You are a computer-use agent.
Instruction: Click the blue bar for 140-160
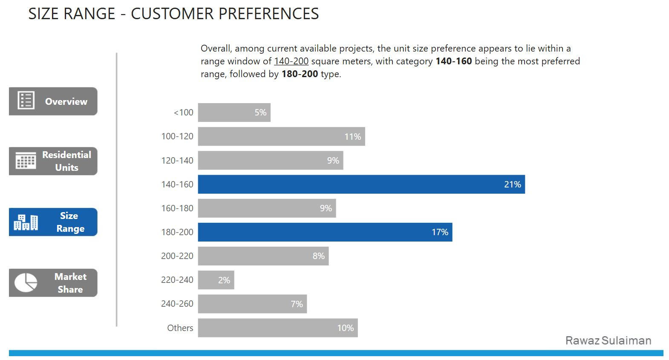(x=361, y=184)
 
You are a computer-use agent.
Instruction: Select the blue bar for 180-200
(x=325, y=232)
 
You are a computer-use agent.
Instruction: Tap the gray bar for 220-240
(x=216, y=280)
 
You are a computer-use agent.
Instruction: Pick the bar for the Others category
(x=277, y=328)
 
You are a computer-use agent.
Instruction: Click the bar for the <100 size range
(x=234, y=112)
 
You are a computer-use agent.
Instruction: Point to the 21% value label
(x=512, y=184)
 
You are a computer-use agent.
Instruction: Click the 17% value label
(x=440, y=232)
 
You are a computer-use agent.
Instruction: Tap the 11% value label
(x=352, y=137)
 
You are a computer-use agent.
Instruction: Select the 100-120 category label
(x=177, y=136)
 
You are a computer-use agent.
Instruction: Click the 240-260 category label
(x=177, y=304)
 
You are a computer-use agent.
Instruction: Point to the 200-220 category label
(x=177, y=256)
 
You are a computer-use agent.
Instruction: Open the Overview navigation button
(x=53, y=101)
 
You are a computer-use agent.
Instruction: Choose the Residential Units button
(x=53, y=161)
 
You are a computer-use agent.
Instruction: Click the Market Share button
(x=53, y=283)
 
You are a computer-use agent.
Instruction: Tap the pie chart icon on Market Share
(x=26, y=282)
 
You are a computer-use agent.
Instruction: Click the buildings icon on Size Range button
(x=26, y=222)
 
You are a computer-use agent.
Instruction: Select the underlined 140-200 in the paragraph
(x=291, y=61)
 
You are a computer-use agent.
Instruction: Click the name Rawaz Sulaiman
(x=608, y=340)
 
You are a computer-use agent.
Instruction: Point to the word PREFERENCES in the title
(x=267, y=14)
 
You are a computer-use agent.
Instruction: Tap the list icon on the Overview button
(x=26, y=101)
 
